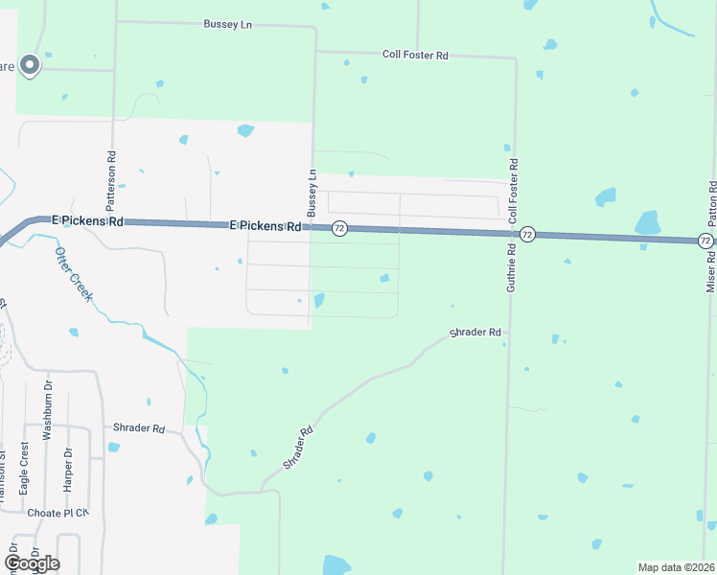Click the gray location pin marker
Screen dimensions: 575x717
coord(29,65)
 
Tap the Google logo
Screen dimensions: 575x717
coord(32,563)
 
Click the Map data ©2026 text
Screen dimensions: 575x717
coord(676,567)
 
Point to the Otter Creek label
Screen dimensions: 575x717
coord(73,274)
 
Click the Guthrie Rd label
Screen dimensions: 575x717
coord(512,266)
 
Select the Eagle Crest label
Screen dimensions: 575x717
coord(24,468)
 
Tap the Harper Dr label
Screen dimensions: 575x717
coord(68,470)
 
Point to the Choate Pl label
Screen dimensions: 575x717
coord(58,512)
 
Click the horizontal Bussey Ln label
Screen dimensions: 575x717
coord(226,23)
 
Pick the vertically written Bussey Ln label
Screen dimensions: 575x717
coord(311,192)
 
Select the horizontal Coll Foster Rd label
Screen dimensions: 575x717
coord(414,56)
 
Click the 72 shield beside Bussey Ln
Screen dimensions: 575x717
coord(339,228)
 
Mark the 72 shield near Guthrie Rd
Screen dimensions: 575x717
coord(527,234)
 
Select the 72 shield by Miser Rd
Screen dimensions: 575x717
coord(705,241)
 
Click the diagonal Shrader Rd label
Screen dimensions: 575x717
coord(299,448)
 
